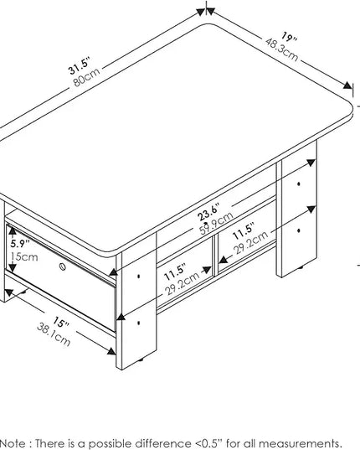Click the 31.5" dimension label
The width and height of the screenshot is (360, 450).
[x=80, y=66]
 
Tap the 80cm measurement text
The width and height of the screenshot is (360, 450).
[x=86, y=77]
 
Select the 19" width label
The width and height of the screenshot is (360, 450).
[x=288, y=38]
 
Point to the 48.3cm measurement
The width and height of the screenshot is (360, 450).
[x=282, y=50]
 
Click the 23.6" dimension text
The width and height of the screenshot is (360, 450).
[x=209, y=212]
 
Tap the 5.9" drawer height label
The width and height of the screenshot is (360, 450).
[x=20, y=244]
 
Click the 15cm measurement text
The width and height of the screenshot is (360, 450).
[x=24, y=256]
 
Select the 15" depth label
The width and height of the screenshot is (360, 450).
[x=61, y=323]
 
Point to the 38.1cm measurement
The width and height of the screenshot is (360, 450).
[x=54, y=334]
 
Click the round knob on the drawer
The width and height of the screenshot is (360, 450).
[x=63, y=267]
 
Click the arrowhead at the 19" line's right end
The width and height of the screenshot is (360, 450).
[x=347, y=85]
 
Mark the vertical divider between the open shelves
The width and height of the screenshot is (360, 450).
[x=215, y=256]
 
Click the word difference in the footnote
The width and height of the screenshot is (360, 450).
[x=165, y=443]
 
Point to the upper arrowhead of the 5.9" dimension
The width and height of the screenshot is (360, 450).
[x=13, y=230]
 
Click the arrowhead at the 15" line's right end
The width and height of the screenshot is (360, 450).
[x=111, y=351]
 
